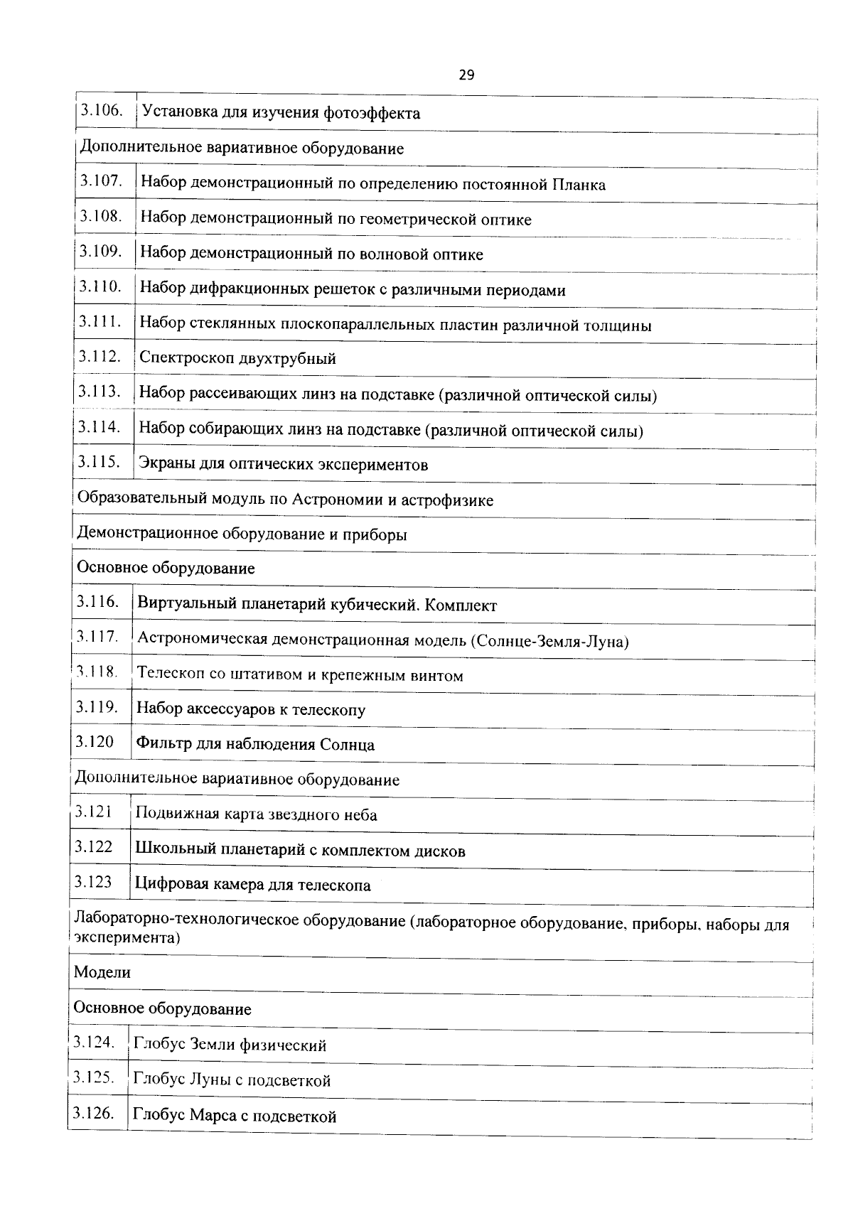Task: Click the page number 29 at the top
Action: tap(466, 75)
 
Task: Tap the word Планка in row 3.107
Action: tap(578, 185)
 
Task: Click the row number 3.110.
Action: tap(100, 286)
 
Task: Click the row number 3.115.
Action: tap(98, 462)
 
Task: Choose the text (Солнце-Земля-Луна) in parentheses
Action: tap(549, 641)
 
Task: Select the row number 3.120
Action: tap(95, 742)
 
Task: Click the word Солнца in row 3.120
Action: tap(347, 745)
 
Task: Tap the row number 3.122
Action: tap(93, 847)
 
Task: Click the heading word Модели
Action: tap(102, 972)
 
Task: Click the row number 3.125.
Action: tap(93, 1077)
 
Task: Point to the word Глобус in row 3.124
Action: tap(158, 1045)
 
